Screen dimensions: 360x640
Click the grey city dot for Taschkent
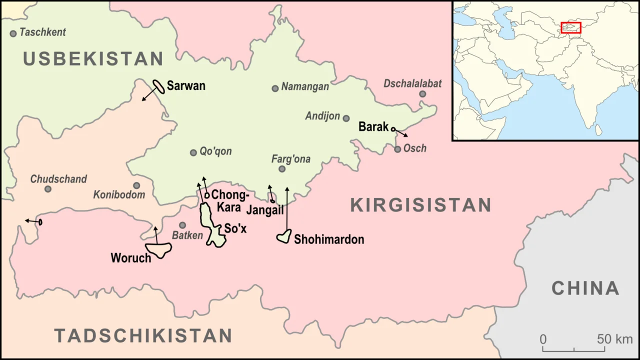tap(13, 33)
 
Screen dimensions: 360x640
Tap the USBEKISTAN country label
tap(93, 59)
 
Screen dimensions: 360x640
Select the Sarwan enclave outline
tap(159, 86)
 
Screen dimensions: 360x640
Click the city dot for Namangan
tap(275, 88)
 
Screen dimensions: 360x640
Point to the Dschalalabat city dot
tap(422, 94)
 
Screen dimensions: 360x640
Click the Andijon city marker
tap(346, 118)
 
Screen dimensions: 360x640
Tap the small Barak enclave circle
tap(393, 129)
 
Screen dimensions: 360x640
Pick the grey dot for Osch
tap(397, 149)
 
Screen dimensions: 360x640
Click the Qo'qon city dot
tap(193, 152)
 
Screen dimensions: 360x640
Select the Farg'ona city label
tap(290, 159)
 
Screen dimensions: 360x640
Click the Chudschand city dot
tap(48, 189)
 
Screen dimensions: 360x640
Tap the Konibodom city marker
tap(136, 185)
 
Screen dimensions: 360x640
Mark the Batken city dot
tap(182, 225)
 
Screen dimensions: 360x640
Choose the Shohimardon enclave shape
tap(284, 236)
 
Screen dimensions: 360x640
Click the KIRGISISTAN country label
tap(420, 205)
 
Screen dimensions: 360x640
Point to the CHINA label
tap(585, 288)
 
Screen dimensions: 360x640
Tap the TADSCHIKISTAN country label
tap(143, 335)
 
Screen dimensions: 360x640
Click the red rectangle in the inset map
tap(570, 27)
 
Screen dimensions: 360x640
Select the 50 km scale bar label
tap(614, 339)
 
